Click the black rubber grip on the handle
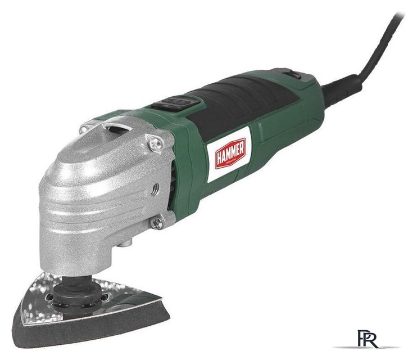[247, 101]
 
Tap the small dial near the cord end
[292, 74]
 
